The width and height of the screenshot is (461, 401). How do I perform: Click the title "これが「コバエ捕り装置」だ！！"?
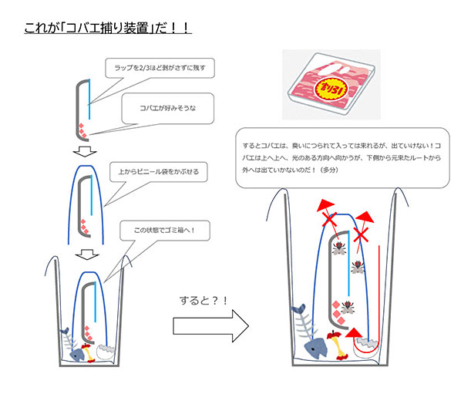(108, 29)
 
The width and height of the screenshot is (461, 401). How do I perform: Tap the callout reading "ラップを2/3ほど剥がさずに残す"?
(160, 68)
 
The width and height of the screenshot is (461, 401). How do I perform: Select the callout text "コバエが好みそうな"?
(167, 108)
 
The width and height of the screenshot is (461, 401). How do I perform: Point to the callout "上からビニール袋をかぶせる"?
(159, 172)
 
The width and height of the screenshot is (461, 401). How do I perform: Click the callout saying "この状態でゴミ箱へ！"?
(165, 231)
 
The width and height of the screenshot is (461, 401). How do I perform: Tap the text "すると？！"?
(204, 301)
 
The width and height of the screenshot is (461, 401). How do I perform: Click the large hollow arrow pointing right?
(210, 326)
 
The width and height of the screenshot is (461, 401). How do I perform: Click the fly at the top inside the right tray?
(339, 248)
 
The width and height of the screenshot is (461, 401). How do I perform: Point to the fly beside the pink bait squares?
(348, 308)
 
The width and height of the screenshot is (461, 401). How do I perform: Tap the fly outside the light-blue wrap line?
(358, 267)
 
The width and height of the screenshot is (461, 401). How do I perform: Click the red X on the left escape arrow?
(329, 220)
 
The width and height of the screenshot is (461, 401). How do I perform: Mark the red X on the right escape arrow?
(361, 236)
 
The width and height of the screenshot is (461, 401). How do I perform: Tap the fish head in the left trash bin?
(77, 355)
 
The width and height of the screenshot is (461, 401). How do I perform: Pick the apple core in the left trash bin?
(89, 352)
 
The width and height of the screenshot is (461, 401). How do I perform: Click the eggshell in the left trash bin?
(106, 352)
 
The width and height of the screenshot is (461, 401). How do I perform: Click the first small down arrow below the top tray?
(85, 151)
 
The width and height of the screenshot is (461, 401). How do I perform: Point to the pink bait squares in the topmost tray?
(82, 131)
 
